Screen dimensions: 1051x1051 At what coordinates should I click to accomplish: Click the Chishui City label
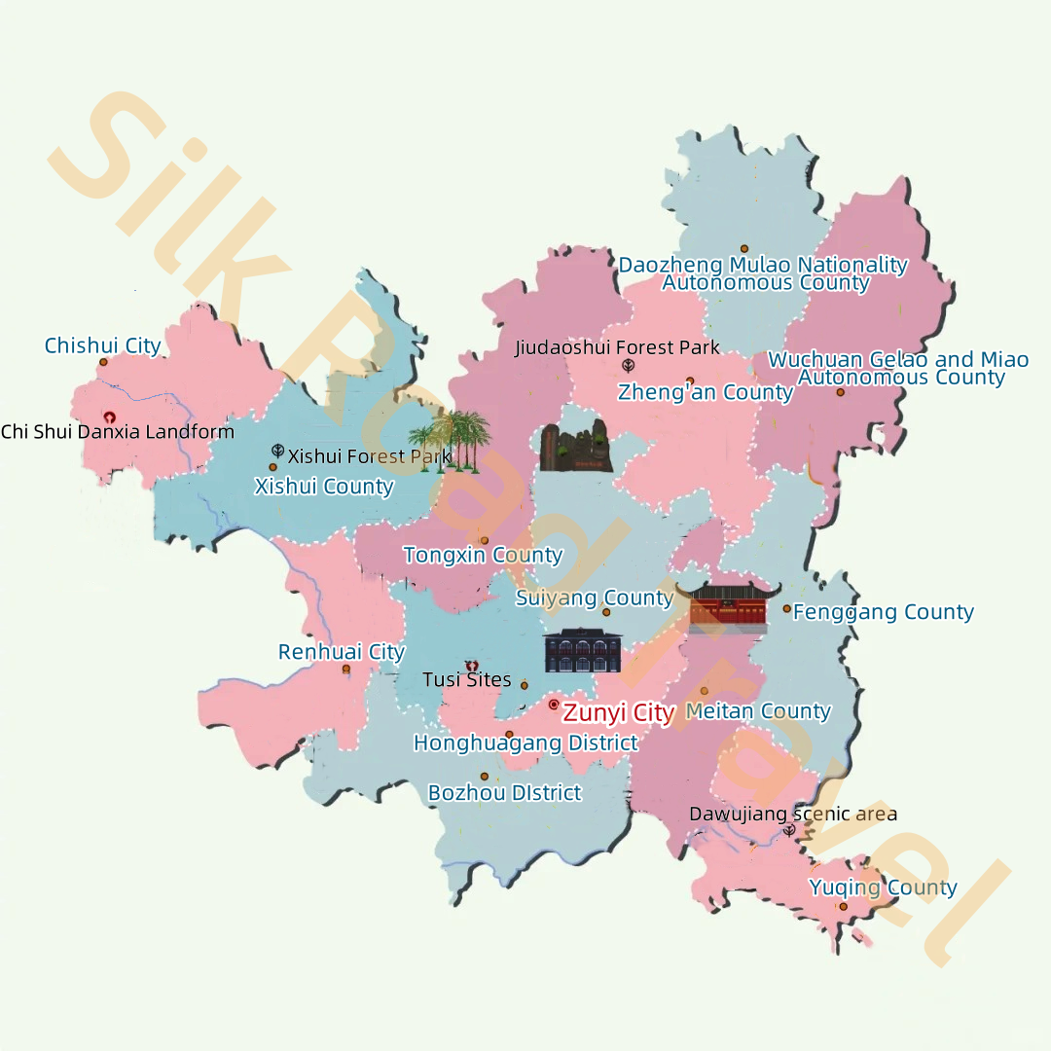(x=103, y=345)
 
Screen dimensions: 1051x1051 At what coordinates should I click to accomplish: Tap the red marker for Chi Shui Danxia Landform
(x=109, y=417)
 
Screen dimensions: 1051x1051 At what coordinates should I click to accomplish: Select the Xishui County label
(x=324, y=487)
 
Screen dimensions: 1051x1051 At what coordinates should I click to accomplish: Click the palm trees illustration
(x=450, y=440)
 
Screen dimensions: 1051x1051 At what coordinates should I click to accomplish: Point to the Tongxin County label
(x=483, y=556)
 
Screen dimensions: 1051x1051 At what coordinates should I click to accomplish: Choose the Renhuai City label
(x=341, y=652)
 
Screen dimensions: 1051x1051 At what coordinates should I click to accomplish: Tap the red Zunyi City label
(x=618, y=713)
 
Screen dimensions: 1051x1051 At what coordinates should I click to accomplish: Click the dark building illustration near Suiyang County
(x=583, y=650)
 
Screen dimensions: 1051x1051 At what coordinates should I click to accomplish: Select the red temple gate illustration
(x=728, y=606)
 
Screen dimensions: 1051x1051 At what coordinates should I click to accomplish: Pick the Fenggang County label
(x=883, y=612)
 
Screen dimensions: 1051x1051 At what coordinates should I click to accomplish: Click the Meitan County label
(x=758, y=711)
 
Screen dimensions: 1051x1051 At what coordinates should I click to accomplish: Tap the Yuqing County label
(x=883, y=888)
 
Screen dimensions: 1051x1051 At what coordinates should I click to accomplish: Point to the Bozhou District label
(x=504, y=793)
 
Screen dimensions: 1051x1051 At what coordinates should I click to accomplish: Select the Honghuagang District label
(x=525, y=743)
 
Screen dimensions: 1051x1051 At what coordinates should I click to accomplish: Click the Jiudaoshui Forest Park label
(x=617, y=347)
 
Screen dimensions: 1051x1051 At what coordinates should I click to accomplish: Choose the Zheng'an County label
(x=705, y=392)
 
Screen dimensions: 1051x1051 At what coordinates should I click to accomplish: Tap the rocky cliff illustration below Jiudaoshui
(x=576, y=448)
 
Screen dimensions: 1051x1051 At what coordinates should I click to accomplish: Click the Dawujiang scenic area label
(x=793, y=814)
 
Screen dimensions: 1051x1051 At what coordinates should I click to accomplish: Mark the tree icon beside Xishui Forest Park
(x=278, y=452)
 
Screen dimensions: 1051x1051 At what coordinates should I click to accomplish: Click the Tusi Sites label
(x=467, y=679)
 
